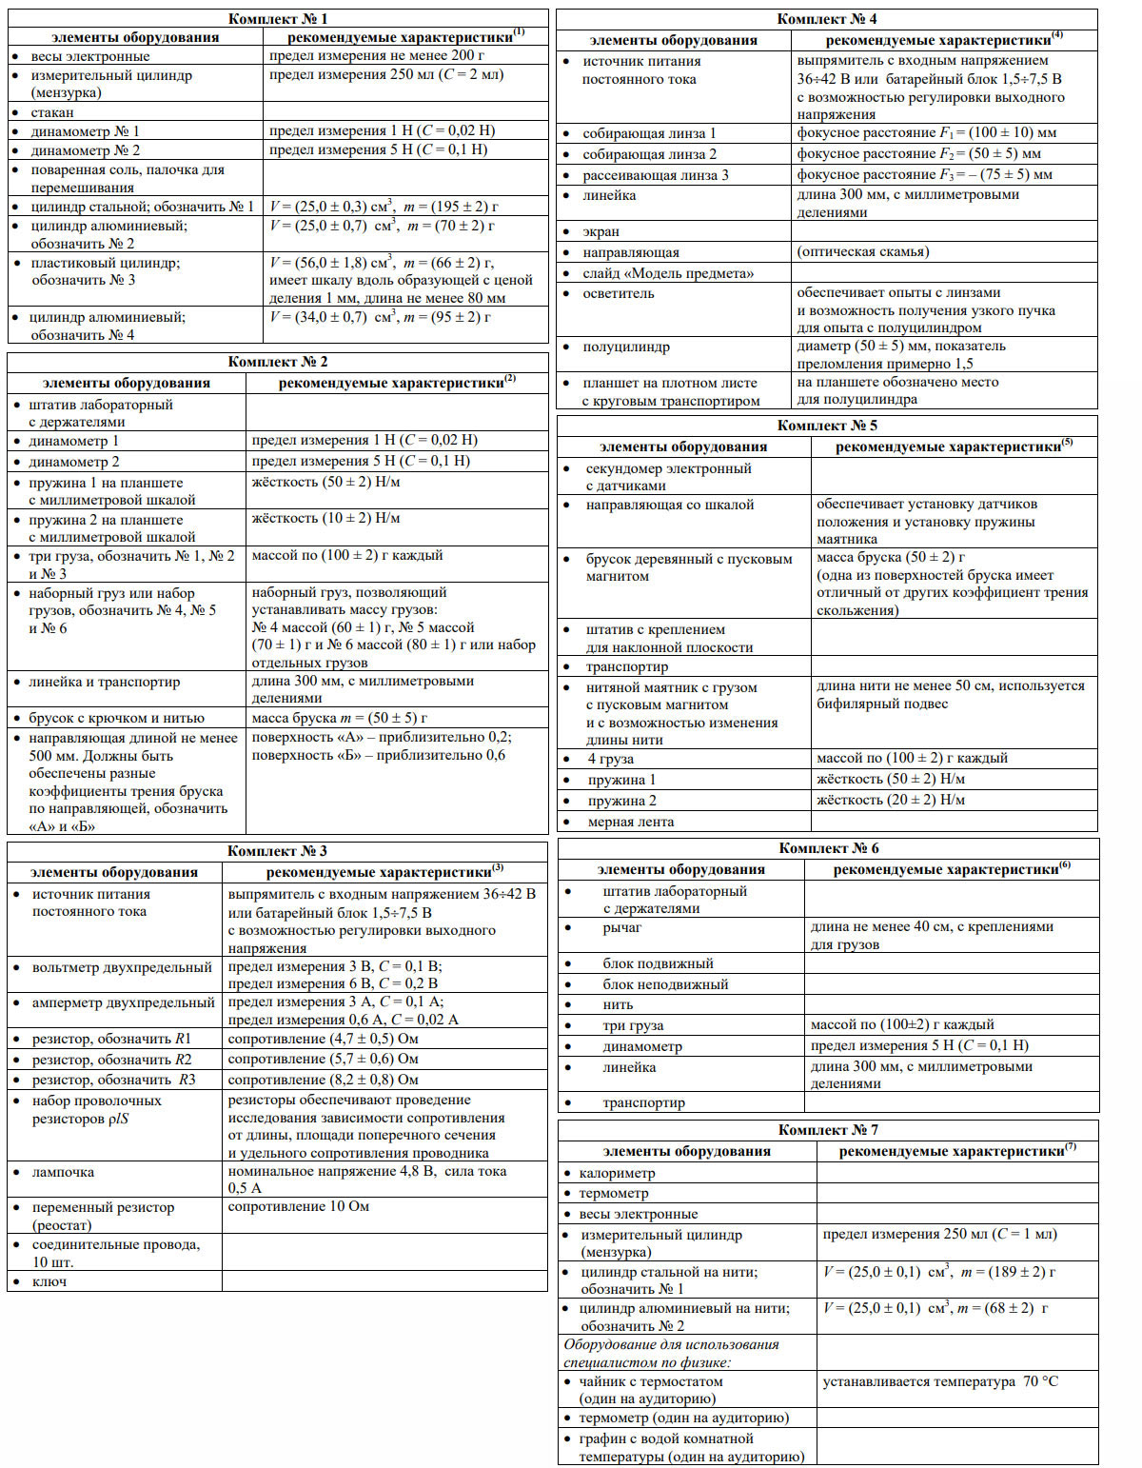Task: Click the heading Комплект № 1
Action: pos(278,19)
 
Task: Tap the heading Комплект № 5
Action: pos(827,426)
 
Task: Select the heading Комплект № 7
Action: pos(828,1130)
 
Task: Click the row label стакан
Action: pos(52,112)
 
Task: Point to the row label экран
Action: pos(601,231)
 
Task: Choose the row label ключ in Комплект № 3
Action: pos(49,1281)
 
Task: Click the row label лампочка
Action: pos(63,1172)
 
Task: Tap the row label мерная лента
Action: pos(630,822)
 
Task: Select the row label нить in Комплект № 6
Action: pos(618,1004)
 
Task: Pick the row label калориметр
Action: pos(617,1173)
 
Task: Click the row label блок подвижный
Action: pos(658,963)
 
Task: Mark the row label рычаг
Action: pos(622,927)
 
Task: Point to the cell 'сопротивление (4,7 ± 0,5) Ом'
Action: pos(324,1039)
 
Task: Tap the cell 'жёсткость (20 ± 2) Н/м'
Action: pos(891,800)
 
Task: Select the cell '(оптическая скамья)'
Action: pos(863,251)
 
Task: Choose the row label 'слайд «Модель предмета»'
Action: pos(668,273)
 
